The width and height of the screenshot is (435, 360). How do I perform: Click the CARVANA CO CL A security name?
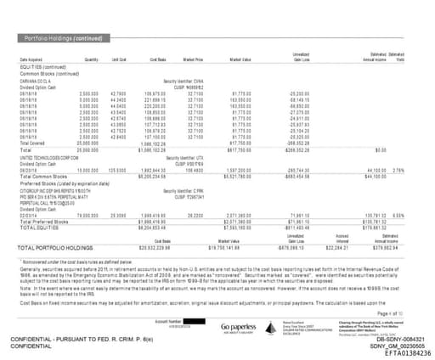37,78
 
